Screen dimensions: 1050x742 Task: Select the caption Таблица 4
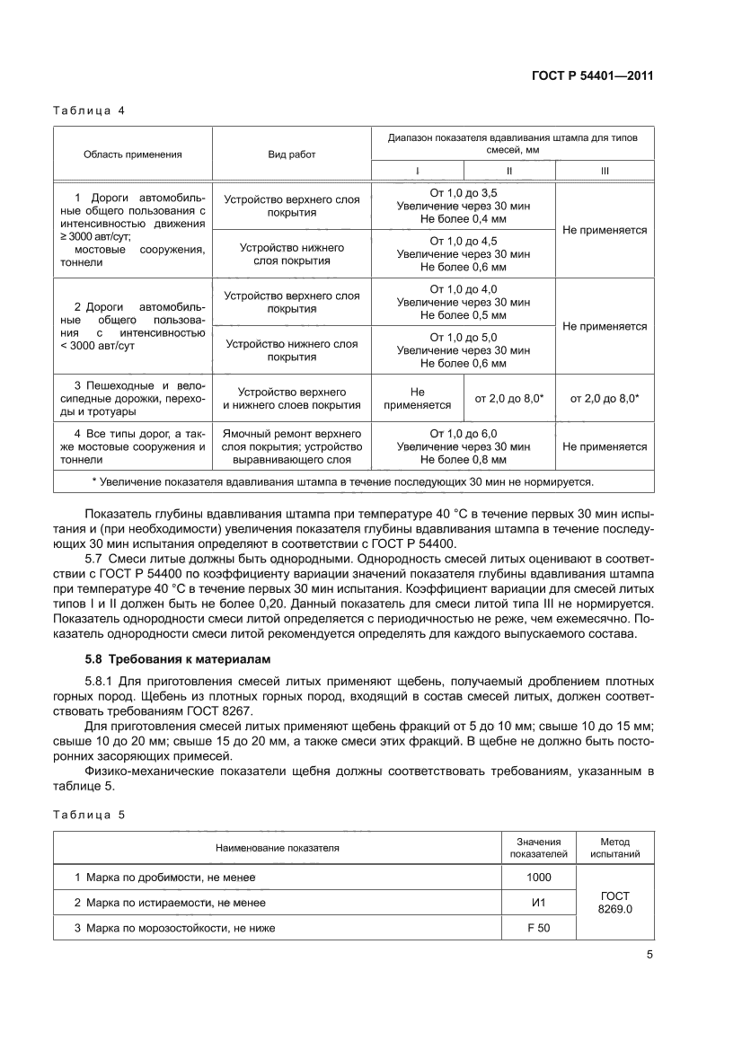[89, 111]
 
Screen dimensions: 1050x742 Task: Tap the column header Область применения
[133, 154]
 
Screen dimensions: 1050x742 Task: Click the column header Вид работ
[291, 154]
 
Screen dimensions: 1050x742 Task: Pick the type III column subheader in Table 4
[604, 171]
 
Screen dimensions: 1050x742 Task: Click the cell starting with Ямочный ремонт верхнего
[291, 446]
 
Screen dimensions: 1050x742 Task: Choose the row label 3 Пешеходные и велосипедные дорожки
[133, 399]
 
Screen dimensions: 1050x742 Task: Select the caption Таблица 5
[89, 815]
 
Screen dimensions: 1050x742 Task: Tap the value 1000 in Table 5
[538, 877]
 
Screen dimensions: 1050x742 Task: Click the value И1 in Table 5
[538, 902]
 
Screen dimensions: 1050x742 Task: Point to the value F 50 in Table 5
[538, 928]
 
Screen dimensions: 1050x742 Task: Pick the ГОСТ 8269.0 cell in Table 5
[615, 902]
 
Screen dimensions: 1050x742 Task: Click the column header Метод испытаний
[615, 847]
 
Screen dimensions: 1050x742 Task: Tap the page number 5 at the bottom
[649, 955]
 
